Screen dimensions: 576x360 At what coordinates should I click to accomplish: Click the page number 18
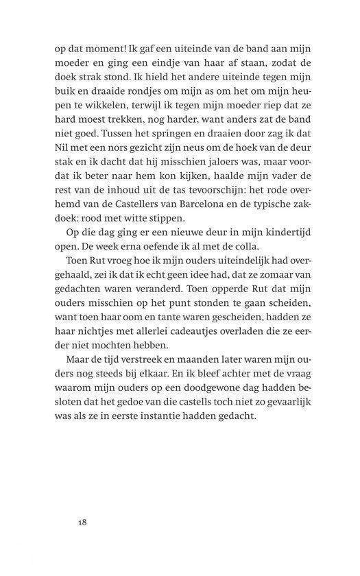82,523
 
